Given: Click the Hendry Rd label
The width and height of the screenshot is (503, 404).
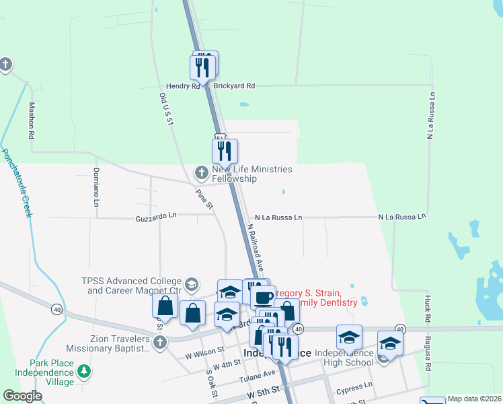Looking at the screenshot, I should [183, 86].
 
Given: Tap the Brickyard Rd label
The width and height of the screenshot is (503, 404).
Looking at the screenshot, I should [234, 86].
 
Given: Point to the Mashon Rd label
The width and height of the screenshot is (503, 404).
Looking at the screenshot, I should [31, 121].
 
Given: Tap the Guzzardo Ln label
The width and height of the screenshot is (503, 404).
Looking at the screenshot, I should [155, 217].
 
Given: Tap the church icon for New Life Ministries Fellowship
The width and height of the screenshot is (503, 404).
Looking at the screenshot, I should [201, 173].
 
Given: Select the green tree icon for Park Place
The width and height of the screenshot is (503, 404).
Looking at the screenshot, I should [83, 371].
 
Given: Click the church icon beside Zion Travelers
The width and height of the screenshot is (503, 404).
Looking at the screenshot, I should [159, 343].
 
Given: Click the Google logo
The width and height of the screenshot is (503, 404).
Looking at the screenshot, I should [22, 396].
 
